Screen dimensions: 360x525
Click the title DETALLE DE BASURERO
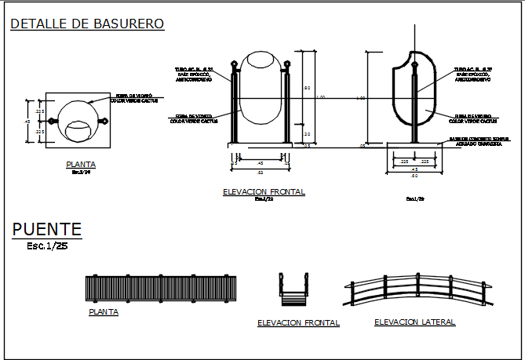[87, 24]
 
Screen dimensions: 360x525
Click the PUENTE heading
[47, 230]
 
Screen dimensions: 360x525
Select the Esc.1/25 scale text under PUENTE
[46, 245]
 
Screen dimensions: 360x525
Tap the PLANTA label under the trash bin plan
[81, 165]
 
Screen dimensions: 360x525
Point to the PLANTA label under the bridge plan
[103, 312]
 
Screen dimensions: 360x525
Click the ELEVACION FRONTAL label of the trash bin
[264, 191]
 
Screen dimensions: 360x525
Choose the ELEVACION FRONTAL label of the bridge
[298, 322]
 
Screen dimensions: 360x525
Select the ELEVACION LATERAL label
[414, 322]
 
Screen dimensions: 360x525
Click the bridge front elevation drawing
[294, 291]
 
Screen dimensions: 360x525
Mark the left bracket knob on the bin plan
[53, 121]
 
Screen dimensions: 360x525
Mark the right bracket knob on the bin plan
[102, 121]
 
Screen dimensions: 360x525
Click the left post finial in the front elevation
[233, 64]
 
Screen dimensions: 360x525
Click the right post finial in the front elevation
[287, 64]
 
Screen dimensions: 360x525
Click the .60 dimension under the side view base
[414, 175]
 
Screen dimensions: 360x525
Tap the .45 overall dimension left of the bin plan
[28, 122]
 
